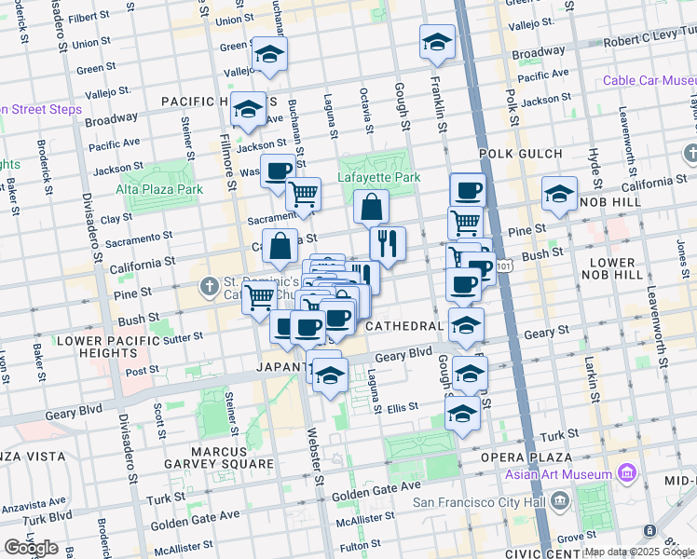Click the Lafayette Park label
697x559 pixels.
tap(380, 177)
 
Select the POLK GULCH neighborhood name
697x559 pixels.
tap(521, 154)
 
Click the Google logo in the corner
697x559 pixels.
tap(31, 547)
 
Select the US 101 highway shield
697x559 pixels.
tap(503, 266)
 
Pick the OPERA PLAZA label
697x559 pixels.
tap(526, 457)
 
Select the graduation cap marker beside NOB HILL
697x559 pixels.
tap(558, 194)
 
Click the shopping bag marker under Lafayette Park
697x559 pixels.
tap(371, 207)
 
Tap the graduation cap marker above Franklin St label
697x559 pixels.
tap(436, 41)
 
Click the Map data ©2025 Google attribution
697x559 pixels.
tap(639, 552)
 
